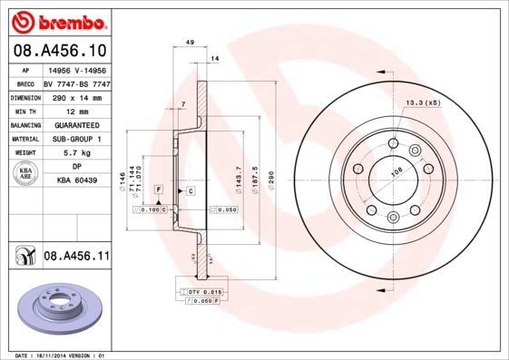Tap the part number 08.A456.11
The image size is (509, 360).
(x=76, y=257)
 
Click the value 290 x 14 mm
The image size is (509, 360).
(x=76, y=95)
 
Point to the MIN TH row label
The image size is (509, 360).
(x=26, y=110)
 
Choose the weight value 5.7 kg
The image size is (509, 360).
(x=76, y=153)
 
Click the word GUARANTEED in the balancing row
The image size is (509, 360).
(x=76, y=124)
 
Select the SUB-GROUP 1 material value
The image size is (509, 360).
(x=76, y=139)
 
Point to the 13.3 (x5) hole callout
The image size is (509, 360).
(x=423, y=103)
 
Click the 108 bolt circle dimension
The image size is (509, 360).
(x=395, y=170)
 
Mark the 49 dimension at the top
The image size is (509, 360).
(x=190, y=43)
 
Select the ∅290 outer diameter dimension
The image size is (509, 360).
(x=270, y=172)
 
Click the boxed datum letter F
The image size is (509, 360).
(x=159, y=189)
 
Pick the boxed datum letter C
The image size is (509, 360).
(x=191, y=190)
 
